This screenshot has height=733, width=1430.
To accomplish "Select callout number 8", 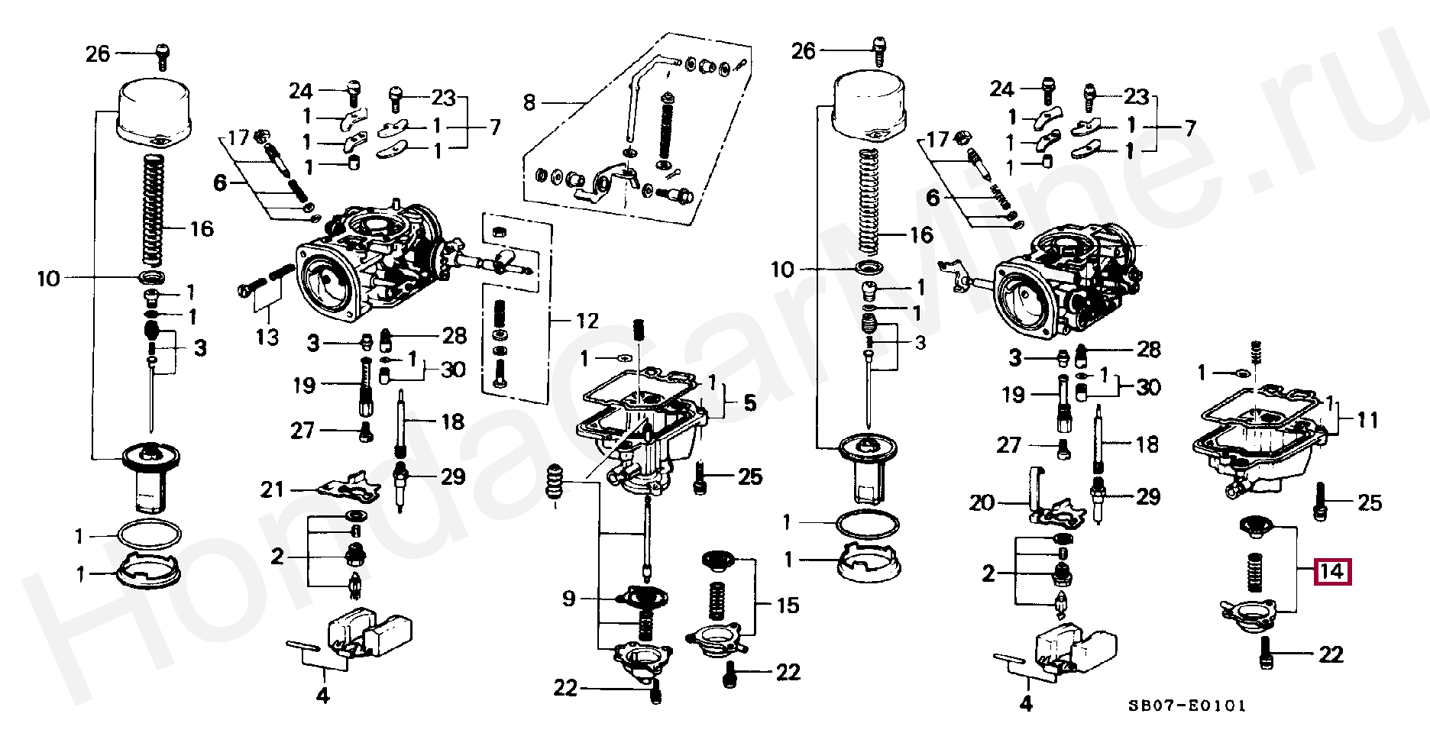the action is [x=529, y=102].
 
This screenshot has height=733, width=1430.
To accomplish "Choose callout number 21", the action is [x=273, y=490].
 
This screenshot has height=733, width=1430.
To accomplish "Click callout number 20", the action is [x=982, y=502].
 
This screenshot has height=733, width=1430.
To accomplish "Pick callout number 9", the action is [x=568, y=599].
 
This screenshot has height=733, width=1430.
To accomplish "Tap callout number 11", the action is [x=1367, y=419].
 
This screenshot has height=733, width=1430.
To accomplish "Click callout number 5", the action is [x=749, y=402].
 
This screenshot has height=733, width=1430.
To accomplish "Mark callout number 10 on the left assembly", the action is [x=48, y=279].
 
